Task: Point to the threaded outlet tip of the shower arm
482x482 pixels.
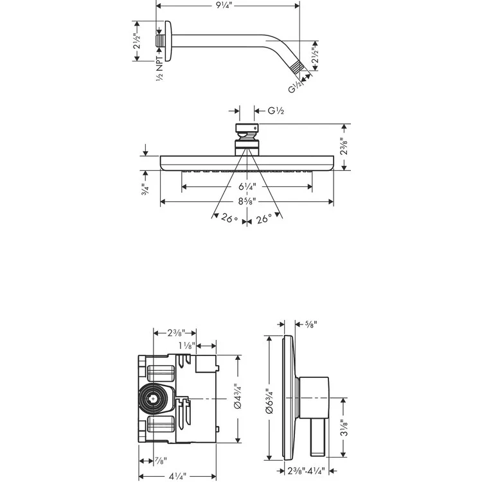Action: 297,66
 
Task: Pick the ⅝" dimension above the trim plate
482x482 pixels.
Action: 310,325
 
